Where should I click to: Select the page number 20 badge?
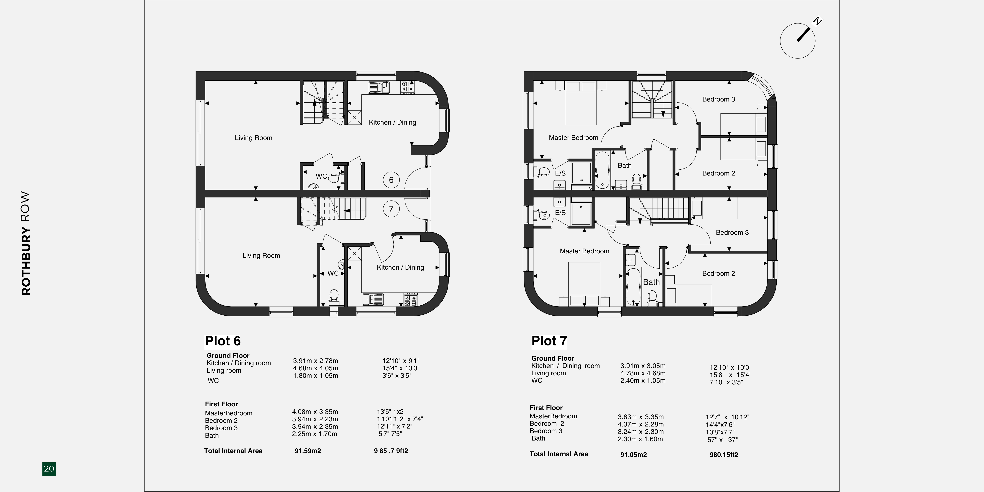[x=49, y=469]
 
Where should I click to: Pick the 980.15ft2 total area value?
[x=724, y=455]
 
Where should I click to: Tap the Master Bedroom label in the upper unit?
[x=573, y=137]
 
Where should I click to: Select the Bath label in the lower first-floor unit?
[x=651, y=282]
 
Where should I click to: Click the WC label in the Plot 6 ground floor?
[x=321, y=176]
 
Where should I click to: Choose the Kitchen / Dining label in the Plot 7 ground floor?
[x=400, y=267]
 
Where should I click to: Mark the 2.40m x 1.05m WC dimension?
[x=643, y=381]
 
